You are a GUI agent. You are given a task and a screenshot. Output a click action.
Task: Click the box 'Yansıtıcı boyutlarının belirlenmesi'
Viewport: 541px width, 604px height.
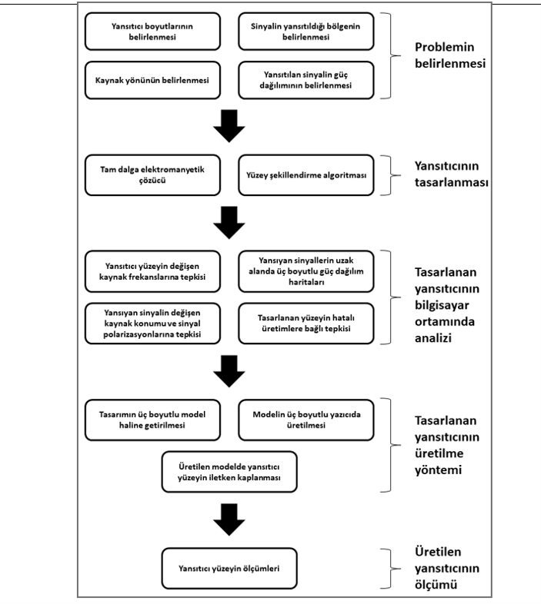[152, 32]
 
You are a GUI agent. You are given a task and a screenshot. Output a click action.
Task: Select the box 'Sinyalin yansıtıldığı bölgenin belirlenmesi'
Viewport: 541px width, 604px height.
[306, 32]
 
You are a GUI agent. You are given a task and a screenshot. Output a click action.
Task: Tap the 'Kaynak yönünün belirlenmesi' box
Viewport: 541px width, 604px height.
[152, 80]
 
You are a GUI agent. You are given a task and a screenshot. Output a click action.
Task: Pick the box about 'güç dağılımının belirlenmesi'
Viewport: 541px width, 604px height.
[306, 80]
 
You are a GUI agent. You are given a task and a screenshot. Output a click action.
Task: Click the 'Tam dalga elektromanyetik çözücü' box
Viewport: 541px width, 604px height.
[152, 175]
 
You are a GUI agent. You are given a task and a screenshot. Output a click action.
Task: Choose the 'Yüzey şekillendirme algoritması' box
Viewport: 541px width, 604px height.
[306, 175]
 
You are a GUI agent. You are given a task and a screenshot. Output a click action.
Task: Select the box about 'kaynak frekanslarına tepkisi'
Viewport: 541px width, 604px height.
[152, 271]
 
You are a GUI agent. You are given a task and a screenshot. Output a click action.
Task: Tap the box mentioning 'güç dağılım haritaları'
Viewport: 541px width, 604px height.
[306, 271]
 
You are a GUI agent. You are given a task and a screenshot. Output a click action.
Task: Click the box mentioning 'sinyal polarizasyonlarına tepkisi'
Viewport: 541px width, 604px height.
[152, 324]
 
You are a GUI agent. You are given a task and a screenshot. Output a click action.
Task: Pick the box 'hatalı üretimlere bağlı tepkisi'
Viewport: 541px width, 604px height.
[306, 324]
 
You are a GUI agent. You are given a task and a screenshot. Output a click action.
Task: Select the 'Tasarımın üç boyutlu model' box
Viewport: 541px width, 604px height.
[152, 420]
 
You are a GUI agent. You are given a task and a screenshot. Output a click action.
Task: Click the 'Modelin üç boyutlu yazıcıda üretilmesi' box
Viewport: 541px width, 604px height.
[306, 420]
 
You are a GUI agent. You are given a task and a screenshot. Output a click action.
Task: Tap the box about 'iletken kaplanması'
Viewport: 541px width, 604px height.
[229, 472]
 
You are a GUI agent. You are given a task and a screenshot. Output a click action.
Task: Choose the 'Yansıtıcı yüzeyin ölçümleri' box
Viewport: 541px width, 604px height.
[229, 568]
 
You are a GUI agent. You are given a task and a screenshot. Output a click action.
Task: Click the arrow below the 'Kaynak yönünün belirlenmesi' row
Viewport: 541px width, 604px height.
[229, 126]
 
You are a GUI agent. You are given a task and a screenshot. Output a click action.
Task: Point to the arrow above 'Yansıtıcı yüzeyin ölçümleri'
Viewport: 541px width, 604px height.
[229, 519]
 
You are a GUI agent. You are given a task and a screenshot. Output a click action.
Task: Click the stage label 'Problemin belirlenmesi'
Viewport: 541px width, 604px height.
[450, 55]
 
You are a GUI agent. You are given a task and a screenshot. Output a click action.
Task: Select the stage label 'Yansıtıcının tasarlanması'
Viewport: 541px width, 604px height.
[452, 174]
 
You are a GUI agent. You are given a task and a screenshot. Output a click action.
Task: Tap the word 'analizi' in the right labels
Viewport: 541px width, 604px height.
[433, 338]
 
